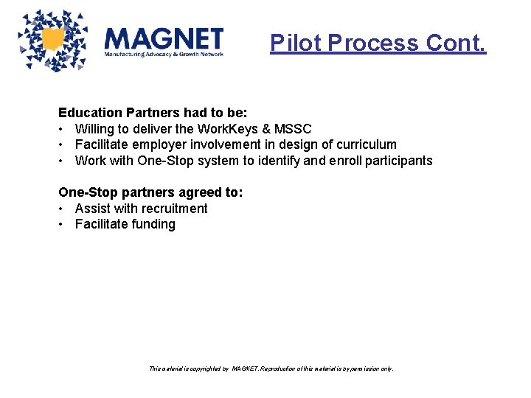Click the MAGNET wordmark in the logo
(164, 38)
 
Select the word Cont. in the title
(457, 43)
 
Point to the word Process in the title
(375, 43)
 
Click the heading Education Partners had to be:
(153, 113)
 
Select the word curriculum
(363, 144)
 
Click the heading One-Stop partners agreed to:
(150, 192)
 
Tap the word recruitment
(171, 209)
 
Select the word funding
(152, 224)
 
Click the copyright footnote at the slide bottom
(271, 368)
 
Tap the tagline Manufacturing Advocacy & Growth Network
(164, 55)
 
